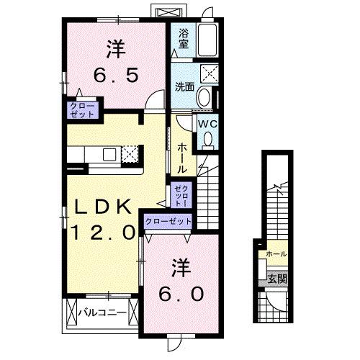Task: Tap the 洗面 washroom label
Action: click(x=184, y=87)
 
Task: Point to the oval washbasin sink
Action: click(x=204, y=97)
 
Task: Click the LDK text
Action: click(x=103, y=207)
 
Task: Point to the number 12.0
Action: click(x=103, y=232)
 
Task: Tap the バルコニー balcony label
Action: click(x=107, y=313)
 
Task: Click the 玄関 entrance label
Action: click(x=276, y=279)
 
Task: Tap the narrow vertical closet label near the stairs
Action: click(x=178, y=195)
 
